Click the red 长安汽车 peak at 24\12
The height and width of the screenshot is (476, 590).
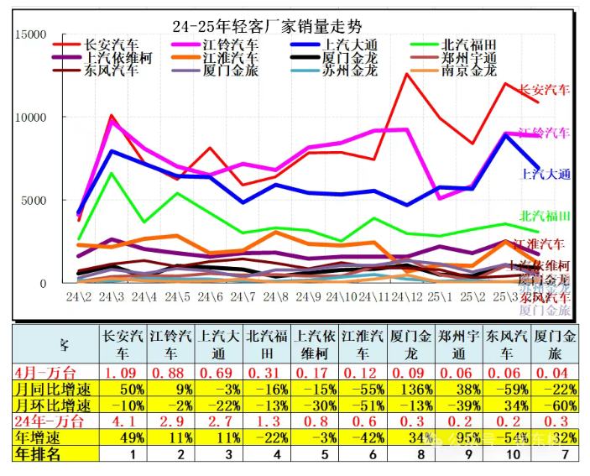(407, 74)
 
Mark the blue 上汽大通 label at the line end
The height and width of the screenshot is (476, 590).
(545, 175)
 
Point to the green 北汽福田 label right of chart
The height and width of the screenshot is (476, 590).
(545, 217)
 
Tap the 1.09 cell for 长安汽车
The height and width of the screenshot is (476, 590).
(123, 372)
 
